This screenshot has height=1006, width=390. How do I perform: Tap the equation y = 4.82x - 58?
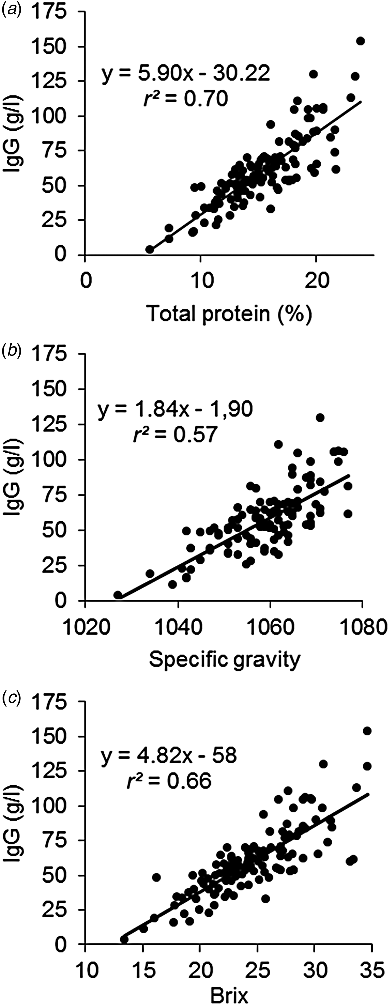(x=169, y=756)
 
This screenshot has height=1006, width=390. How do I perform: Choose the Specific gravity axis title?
(x=225, y=659)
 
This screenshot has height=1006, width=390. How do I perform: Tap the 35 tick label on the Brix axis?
(x=371, y=969)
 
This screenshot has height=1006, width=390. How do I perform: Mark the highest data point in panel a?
(x=360, y=41)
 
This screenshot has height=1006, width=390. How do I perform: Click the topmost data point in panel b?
(x=320, y=417)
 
